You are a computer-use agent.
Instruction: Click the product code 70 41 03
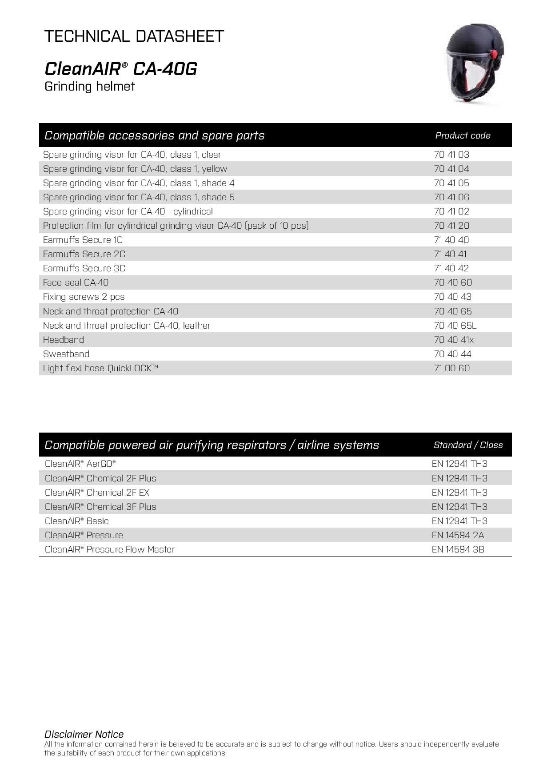[451, 155]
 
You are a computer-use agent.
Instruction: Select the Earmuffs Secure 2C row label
[84, 254]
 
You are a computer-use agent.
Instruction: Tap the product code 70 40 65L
[455, 326]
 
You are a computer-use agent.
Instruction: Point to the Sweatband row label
[66, 354]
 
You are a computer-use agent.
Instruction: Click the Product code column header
[463, 135]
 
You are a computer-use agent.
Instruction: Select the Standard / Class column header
[468, 445]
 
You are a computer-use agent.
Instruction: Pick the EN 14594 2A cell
[458, 535]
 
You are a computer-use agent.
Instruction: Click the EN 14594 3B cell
[458, 549]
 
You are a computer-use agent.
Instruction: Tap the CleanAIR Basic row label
[76, 521]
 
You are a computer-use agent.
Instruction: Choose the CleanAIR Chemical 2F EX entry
[97, 493]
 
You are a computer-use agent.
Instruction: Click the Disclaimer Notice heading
[84, 734]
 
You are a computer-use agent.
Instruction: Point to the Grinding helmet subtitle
[89, 86]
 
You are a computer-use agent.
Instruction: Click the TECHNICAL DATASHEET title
[134, 36]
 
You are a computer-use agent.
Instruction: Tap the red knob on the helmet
[493, 55]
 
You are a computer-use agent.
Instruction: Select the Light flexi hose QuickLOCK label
[100, 368]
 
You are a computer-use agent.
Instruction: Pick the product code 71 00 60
[451, 368]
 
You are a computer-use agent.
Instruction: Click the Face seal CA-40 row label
[76, 282]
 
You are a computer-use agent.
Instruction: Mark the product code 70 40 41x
[454, 340]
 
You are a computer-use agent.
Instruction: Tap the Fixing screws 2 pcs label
[84, 297]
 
